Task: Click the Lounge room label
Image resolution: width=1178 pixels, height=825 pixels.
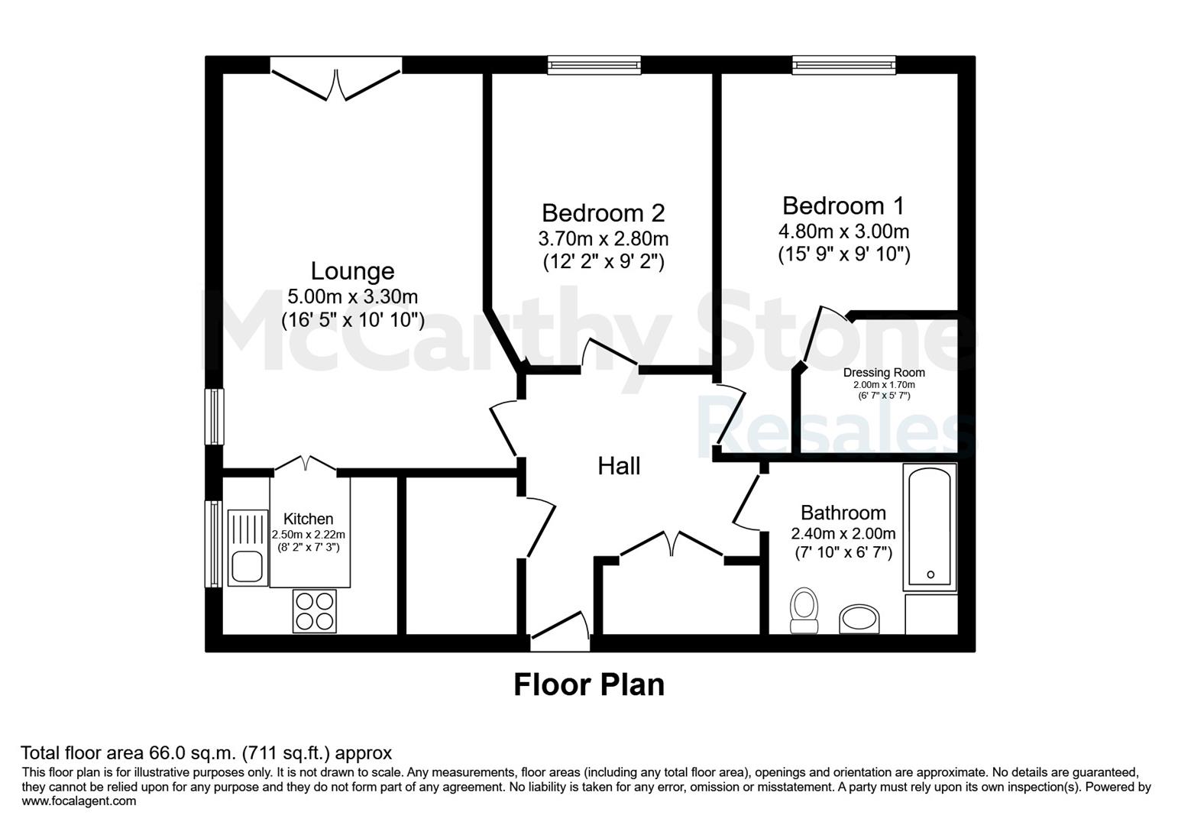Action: (352, 271)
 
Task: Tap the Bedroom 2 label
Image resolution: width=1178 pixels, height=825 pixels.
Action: (604, 213)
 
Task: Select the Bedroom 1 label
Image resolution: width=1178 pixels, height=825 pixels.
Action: (843, 206)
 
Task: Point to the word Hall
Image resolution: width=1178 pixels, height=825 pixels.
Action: (619, 467)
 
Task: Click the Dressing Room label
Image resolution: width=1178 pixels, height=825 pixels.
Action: (884, 373)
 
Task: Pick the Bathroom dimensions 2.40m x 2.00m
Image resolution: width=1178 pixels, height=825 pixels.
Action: (843, 534)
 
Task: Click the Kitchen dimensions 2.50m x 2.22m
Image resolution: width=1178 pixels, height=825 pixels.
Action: (308, 535)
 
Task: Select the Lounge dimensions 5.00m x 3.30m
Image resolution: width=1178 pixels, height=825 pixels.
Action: (352, 296)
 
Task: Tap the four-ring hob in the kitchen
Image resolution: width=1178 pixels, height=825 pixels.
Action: (315, 610)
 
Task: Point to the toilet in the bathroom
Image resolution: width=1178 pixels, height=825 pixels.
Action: (804, 610)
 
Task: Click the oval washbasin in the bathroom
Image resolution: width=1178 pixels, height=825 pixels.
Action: (859, 619)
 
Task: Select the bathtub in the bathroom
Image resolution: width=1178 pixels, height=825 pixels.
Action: (930, 527)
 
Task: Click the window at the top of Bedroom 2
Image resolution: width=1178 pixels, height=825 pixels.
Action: (594, 65)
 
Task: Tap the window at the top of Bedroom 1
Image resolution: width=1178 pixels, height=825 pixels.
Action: (844, 65)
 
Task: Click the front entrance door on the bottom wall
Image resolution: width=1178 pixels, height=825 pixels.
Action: (559, 631)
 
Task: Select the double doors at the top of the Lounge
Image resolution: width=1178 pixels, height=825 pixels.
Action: (336, 79)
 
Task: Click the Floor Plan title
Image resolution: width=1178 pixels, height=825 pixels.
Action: (589, 684)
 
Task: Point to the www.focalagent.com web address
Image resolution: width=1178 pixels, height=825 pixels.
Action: (79, 801)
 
